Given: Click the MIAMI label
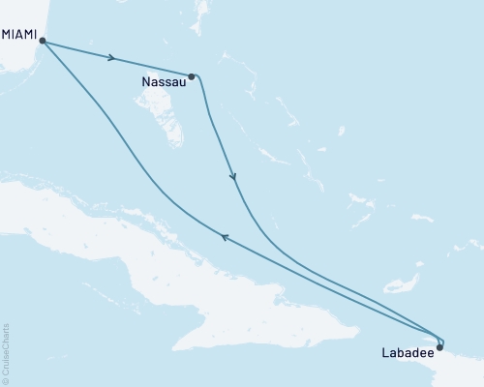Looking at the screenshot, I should pos(21,35).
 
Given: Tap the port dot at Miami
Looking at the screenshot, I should pos(42,42).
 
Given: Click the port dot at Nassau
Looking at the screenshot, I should pos(192,75).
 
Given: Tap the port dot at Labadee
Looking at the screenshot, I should pos(440,347).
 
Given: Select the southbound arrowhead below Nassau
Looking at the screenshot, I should pos(232,177).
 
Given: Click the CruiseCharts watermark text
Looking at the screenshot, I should pos(7,347).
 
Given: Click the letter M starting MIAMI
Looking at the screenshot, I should pos(8,35).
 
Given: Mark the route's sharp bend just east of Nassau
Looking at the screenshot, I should pos(200,80).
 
